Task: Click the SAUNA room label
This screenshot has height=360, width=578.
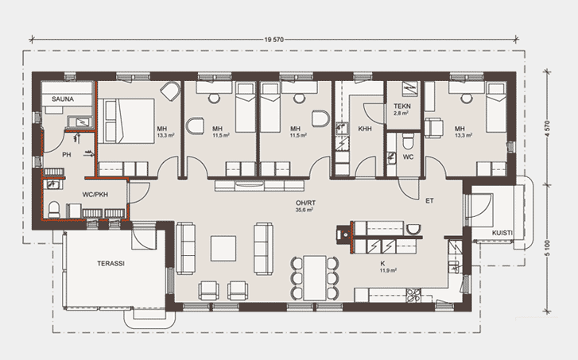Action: (63, 99)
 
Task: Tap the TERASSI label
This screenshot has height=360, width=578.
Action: (111, 264)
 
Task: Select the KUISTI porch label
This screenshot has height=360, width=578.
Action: (502, 233)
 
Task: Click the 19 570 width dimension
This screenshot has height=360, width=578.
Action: (273, 40)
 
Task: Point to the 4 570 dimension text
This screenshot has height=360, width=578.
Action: (547, 130)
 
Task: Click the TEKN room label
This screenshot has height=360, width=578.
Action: (401, 106)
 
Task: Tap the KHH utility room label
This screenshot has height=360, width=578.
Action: (365, 129)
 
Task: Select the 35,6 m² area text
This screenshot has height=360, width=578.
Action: (305, 210)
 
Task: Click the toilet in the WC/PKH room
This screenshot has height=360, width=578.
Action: (54, 210)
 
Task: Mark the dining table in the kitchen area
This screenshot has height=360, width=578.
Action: (315, 277)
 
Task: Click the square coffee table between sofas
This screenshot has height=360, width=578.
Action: (223, 249)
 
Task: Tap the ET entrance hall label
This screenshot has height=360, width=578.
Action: (429, 201)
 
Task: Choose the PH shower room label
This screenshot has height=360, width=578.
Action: (66, 155)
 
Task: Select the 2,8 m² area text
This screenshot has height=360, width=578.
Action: (401, 113)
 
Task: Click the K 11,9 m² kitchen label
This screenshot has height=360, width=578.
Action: (388, 267)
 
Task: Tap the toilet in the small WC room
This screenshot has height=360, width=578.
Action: (408, 141)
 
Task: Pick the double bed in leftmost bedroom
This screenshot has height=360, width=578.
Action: (126, 121)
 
